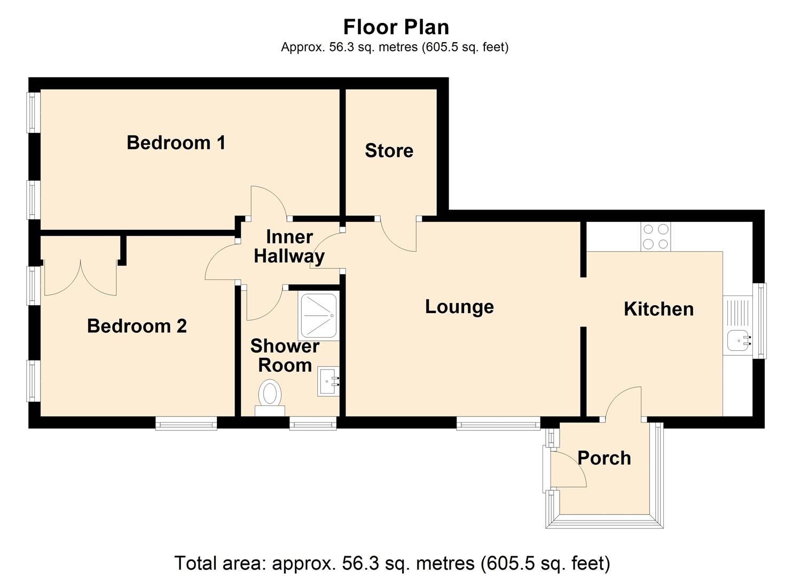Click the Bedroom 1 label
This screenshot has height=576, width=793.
pos(176,143)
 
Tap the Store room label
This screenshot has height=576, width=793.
pos(389,150)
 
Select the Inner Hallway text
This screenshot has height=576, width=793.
pos(289,246)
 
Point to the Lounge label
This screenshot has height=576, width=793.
pos(459,307)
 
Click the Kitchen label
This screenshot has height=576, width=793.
pos(658,309)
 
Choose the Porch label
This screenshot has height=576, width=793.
pos(604,458)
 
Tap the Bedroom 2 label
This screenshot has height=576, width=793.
pos(137,326)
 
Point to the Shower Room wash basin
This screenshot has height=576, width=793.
pos(328,381)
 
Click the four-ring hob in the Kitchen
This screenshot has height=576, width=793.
pos(656,237)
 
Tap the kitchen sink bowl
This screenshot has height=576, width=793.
pos(738,341)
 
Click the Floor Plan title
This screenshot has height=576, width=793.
pos(396,27)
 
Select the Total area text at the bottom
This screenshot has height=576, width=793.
pos(392,563)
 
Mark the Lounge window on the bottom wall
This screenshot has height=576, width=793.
pos(498,423)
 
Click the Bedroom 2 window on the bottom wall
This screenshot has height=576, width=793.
pos(186,423)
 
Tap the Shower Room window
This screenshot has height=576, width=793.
pos(313,423)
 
